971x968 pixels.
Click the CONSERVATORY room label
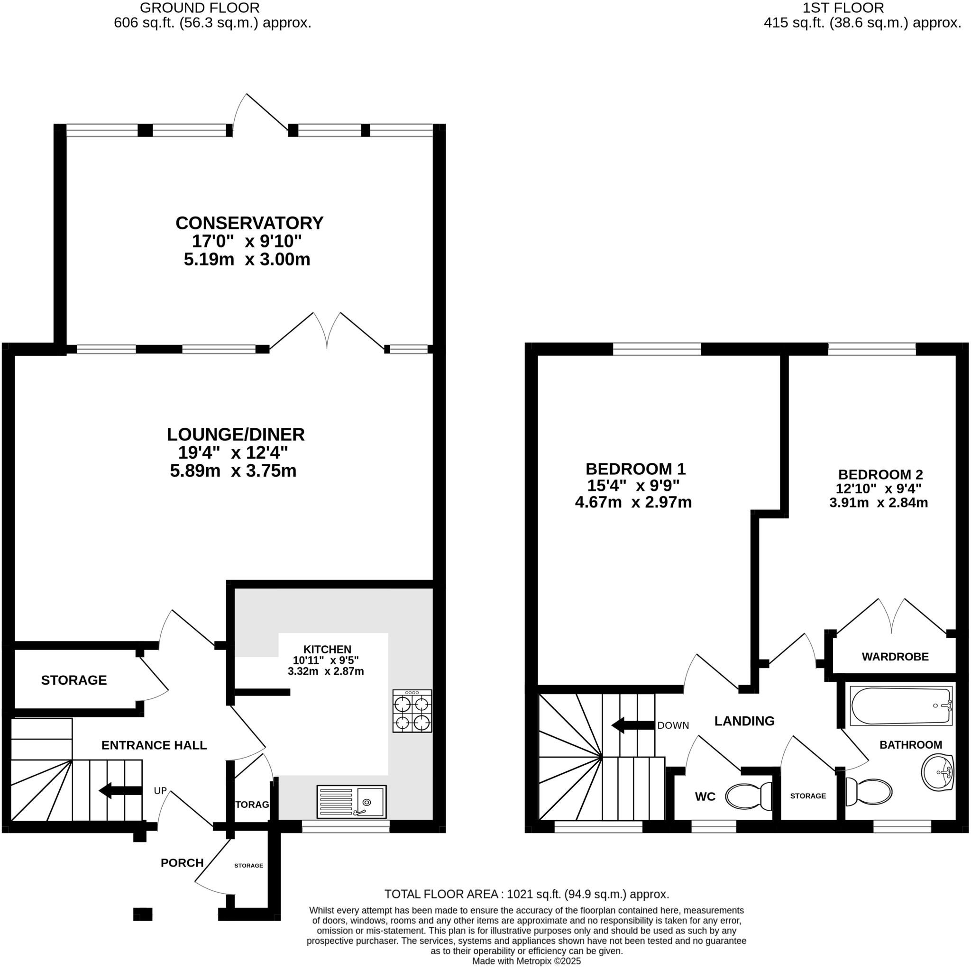click(x=249, y=223)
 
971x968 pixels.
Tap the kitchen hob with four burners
click(x=412, y=711)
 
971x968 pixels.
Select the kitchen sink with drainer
click(x=351, y=801)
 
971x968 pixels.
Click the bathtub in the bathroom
click(x=901, y=706)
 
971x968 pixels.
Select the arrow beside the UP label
click(x=120, y=791)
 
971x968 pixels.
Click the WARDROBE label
click(x=895, y=657)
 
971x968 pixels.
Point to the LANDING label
click(x=744, y=721)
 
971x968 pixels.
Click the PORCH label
click(x=182, y=863)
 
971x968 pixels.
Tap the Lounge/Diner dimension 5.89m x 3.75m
click(x=233, y=471)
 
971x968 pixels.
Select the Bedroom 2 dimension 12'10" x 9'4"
click(x=878, y=489)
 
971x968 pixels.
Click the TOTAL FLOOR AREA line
click(x=526, y=894)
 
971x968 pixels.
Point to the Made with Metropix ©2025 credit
click(x=526, y=961)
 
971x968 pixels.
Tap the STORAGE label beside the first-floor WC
click(x=807, y=796)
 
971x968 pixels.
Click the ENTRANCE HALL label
click(x=154, y=745)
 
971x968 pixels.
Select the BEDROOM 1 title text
click(x=635, y=469)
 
